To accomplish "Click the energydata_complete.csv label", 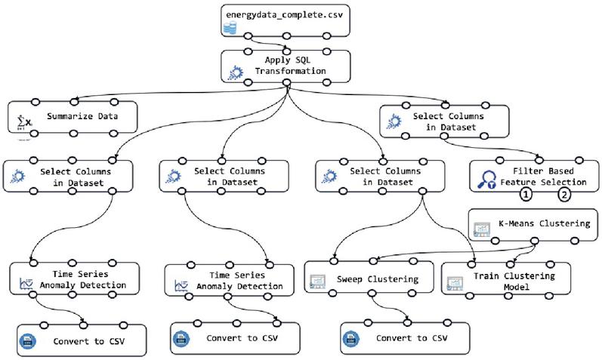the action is [285, 15].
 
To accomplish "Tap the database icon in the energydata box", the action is [230, 28].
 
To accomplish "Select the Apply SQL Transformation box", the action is [286, 66].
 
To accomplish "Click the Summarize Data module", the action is [73, 117].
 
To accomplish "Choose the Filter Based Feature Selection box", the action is [534, 176].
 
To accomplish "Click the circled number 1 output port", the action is [526, 194].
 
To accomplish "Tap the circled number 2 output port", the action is [564, 194].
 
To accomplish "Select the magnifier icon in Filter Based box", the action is [487, 180].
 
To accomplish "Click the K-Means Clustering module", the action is [533, 225].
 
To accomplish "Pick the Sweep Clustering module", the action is [369, 277].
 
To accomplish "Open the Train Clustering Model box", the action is [506, 279].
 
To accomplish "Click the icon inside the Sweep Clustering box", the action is [317, 282].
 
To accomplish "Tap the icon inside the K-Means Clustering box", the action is [482, 229].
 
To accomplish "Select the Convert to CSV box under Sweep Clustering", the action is [405, 338].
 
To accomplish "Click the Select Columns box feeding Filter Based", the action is [444, 122].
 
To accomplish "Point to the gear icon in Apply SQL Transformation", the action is [236, 73].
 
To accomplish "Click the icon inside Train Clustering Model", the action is [455, 283].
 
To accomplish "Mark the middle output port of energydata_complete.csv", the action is [286, 36].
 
